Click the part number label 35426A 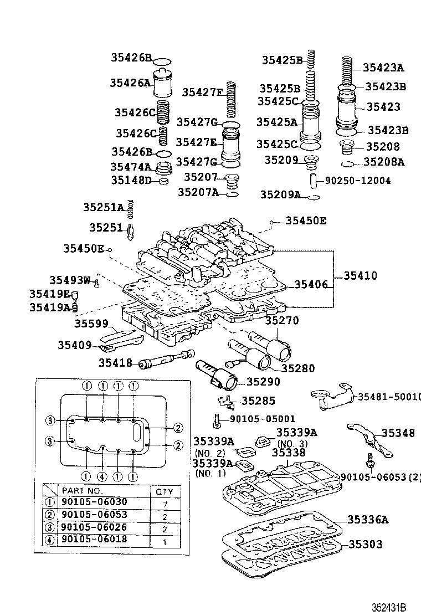(x=130, y=83)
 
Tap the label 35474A (x=130, y=167)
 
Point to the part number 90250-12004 (x=357, y=181)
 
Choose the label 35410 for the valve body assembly (x=360, y=275)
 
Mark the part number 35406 (x=311, y=284)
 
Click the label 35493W (x=69, y=280)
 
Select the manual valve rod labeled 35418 (x=166, y=360)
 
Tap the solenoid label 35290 (x=263, y=382)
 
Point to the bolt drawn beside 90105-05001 (x=217, y=419)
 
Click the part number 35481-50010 (x=388, y=397)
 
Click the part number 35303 (x=365, y=545)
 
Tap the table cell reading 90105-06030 (x=94, y=502)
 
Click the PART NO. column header (x=82, y=490)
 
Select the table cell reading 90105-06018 (x=94, y=539)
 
